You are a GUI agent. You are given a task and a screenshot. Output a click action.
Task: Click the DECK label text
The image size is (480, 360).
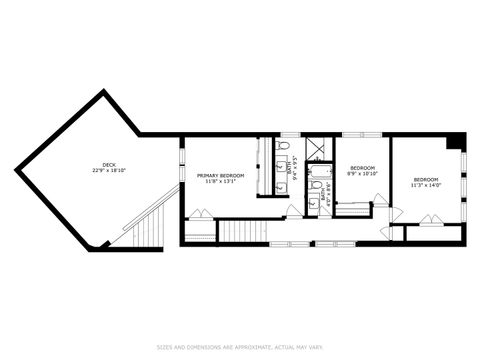(x=108, y=164)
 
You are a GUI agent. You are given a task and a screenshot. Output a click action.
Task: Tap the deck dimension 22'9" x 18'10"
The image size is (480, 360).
(x=108, y=171)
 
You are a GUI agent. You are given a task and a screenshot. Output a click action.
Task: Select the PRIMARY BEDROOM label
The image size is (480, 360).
(x=219, y=175)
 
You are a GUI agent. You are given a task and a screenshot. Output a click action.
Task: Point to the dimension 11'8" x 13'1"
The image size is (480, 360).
(x=219, y=182)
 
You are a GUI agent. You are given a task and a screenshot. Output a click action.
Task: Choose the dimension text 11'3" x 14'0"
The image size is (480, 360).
(x=427, y=185)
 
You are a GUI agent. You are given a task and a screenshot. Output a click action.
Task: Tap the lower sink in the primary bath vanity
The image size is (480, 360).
(x=278, y=185)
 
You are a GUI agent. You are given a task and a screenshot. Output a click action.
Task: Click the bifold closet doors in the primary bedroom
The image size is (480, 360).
(x=201, y=214)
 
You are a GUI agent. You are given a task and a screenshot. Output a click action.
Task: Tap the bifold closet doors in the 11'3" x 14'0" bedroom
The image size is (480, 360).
(x=431, y=221)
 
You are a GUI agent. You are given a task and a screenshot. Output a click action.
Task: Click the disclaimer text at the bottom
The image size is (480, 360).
(x=240, y=346)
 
